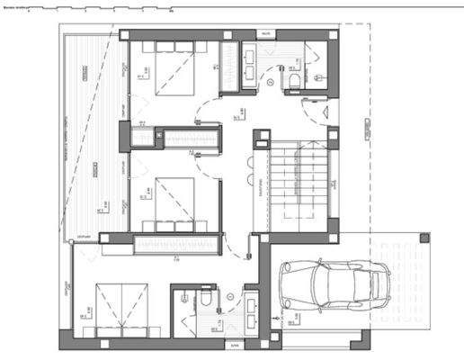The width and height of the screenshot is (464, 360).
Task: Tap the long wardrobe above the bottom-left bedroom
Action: pyautogui.click(x=174, y=244)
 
